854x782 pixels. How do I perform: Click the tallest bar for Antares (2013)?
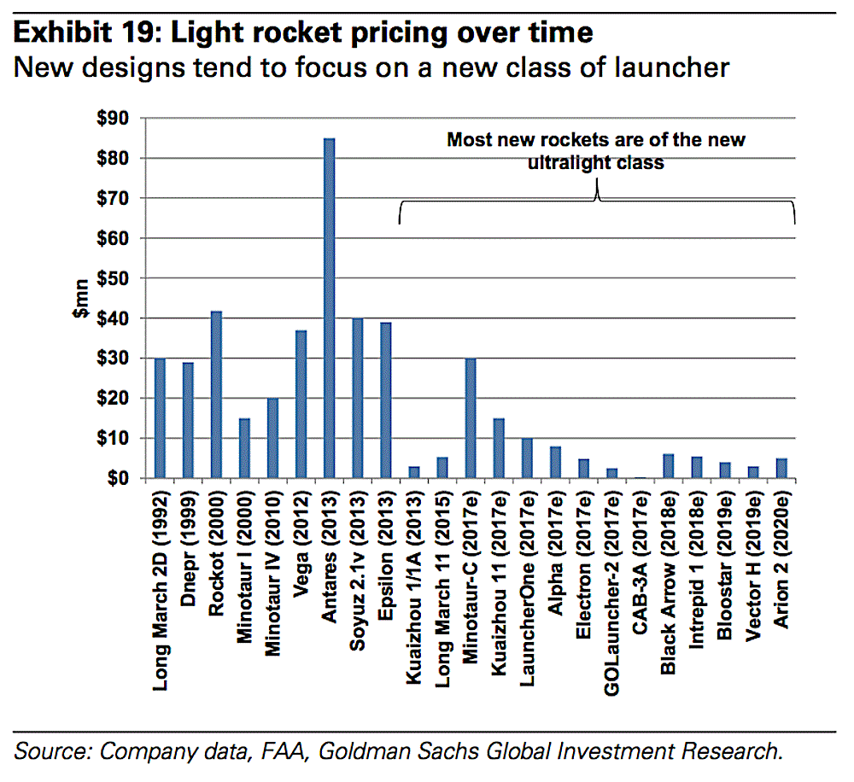pyautogui.click(x=330, y=307)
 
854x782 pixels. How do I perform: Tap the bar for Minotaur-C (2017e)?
pyautogui.click(x=470, y=418)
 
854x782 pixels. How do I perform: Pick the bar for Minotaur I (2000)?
pyautogui.click(x=245, y=448)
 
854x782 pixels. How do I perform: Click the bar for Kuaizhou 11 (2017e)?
pyautogui.click(x=498, y=448)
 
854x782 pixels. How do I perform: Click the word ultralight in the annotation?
pyautogui.click(x=573, y=161)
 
